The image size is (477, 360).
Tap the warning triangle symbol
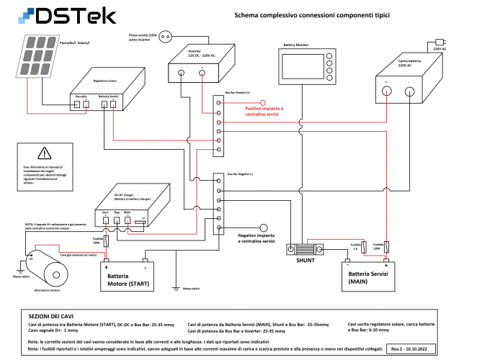[45, 153]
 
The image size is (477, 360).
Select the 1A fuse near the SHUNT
[355, 251]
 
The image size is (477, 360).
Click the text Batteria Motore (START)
[128, 280]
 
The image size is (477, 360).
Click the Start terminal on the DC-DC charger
[105, 217]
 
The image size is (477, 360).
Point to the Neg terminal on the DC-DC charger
[117, 217]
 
